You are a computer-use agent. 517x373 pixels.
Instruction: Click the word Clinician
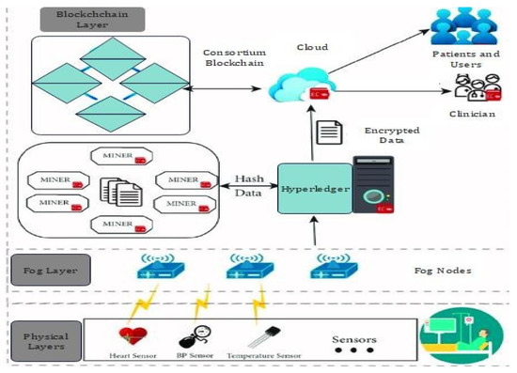[472, 108]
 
